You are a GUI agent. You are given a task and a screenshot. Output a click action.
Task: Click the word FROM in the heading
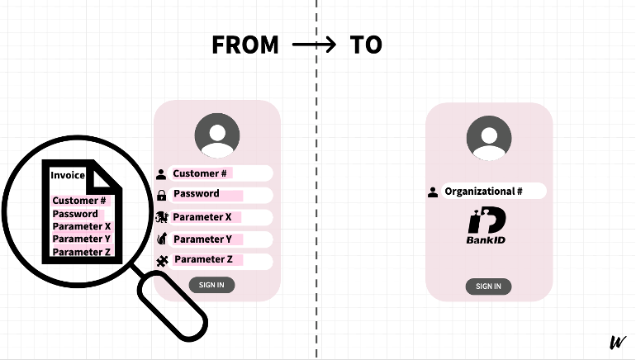point(245,45)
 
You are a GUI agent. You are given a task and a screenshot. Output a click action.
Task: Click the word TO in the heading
point(366,45)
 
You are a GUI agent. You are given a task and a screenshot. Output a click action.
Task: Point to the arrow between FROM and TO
point(315,45)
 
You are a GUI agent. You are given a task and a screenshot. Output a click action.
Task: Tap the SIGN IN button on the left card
point(211,285)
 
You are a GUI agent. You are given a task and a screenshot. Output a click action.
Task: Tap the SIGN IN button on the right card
point(488,287)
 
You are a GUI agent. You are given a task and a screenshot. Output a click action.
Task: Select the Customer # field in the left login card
point(220,173)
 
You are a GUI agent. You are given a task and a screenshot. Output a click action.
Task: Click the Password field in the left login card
point(220,194)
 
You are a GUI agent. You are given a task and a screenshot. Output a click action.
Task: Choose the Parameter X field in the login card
point(220,217)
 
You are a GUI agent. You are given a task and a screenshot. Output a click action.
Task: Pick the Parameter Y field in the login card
point(220,239)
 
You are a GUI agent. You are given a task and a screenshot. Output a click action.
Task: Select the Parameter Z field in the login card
point(220,259)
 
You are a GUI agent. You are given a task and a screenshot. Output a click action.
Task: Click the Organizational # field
point(493,192)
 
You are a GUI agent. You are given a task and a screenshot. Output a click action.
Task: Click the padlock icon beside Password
point(161,196)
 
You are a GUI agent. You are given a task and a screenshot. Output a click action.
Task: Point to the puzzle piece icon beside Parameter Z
point(162,261)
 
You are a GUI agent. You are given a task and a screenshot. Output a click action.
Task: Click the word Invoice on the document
point(68,175)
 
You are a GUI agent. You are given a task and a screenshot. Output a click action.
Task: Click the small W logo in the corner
point(617,343)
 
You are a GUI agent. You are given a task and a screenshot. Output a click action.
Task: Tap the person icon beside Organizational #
point(433,192)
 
